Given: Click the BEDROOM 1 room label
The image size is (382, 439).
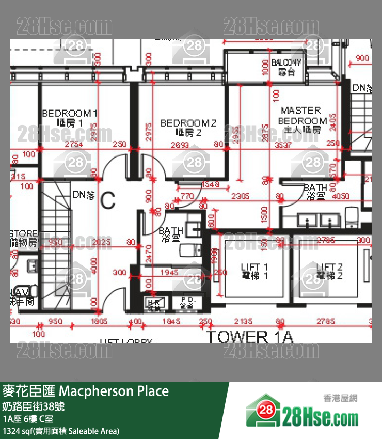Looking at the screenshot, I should [x=69, y=118].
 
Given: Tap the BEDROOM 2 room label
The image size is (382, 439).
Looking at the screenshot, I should [x=188, y=128].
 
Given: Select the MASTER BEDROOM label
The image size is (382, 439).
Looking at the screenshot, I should [x=301, y=120].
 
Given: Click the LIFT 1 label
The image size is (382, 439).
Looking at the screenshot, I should [x=254, y=271].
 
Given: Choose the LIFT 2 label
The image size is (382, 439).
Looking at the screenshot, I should [x=329, y=271].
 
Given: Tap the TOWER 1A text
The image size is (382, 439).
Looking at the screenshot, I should [x=250, y=337].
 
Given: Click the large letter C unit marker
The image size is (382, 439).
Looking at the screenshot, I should [x=107, y=200].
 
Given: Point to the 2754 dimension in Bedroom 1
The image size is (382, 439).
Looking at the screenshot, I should [x=73, y=145].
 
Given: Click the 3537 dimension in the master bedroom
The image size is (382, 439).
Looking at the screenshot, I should [x=296, y=145].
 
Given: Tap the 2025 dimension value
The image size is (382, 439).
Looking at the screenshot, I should [x=103, y=241].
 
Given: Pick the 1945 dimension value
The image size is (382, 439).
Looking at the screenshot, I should [x=169, y=272].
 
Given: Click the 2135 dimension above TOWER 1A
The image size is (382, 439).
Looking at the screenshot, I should [x=242, y=322].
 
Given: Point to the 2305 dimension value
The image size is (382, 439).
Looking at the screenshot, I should [x=240, y=196].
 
